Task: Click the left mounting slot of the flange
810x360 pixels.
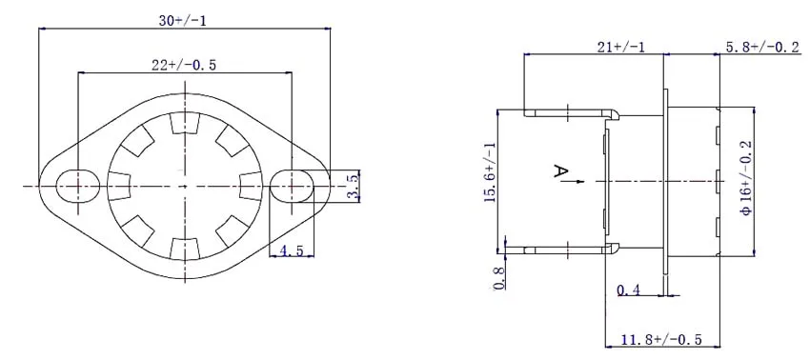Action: tap(76, 184)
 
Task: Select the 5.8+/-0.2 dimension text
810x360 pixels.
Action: tap(762, 46)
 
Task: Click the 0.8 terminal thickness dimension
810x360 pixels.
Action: tap(497, 277)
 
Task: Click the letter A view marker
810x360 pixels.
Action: tap(561, 172)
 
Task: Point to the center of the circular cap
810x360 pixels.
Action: tap(182, 184)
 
